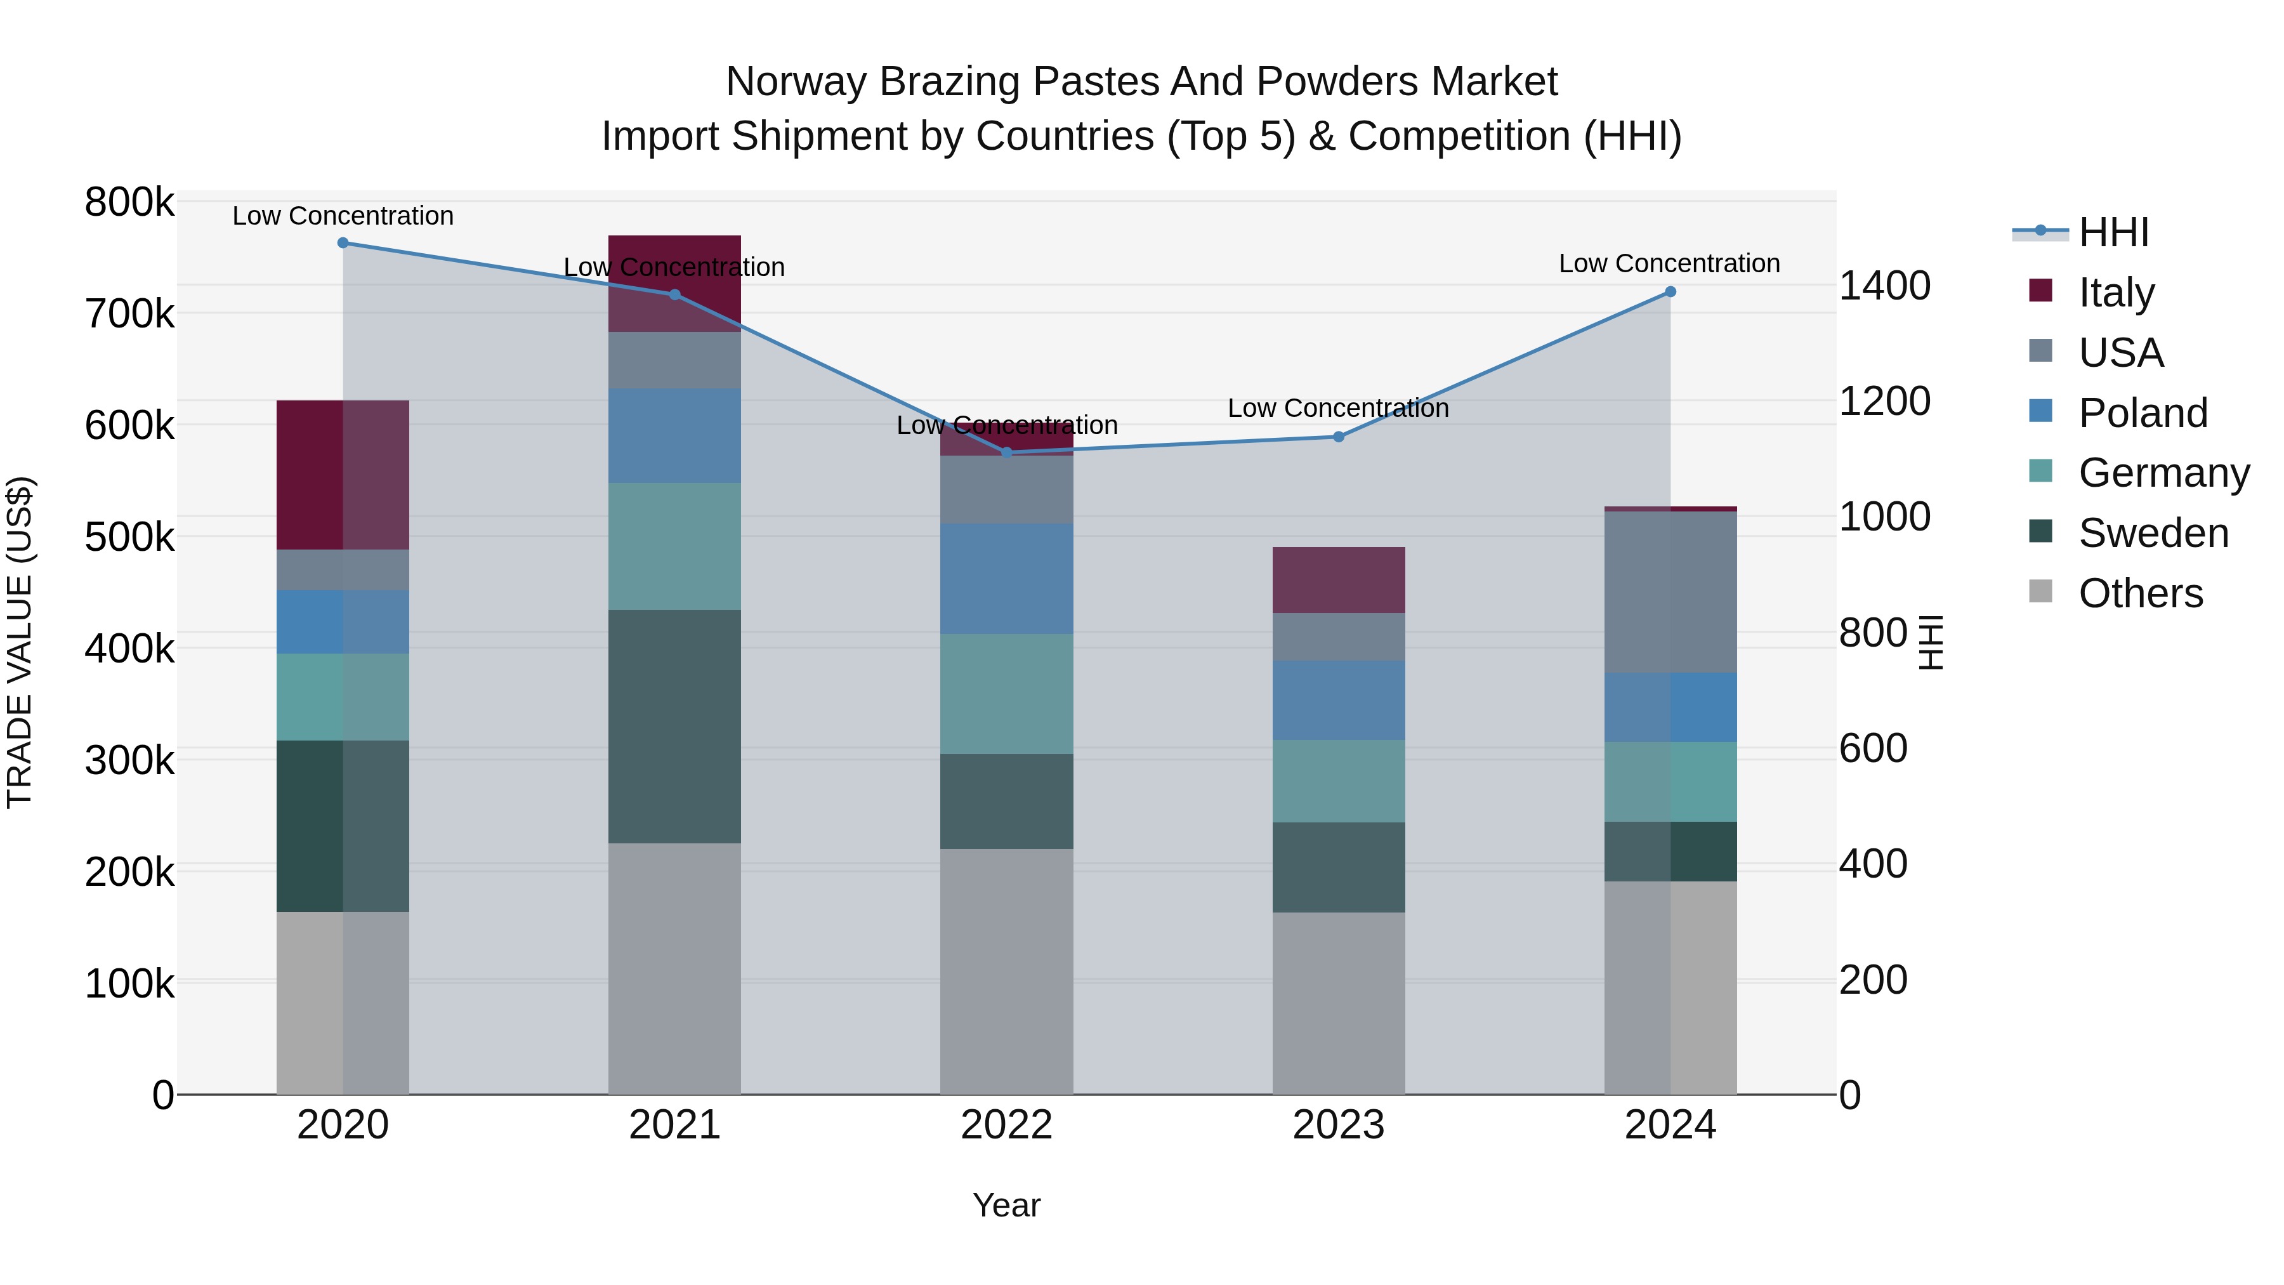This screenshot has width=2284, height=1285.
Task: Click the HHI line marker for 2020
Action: [x=343, y=243]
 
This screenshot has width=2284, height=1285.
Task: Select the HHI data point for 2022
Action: [x=1006, y=453]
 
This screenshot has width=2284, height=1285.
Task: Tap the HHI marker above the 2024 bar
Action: [x=1670, y=292]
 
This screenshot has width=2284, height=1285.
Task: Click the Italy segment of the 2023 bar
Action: [x=1339, y=580]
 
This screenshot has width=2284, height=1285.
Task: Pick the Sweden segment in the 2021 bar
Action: [x=675, y=727]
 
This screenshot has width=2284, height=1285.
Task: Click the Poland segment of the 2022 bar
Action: [x=1006, y=578]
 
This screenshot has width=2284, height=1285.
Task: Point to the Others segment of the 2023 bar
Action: [x=1339, y=1003]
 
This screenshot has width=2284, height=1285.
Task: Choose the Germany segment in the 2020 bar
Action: [x=343, y=697]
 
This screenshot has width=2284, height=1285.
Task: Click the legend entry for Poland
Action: [x=2142, y=413]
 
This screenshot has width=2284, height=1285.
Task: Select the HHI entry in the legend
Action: [x=2113, y=232]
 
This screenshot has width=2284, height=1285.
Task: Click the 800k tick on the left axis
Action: [x=129, y=202]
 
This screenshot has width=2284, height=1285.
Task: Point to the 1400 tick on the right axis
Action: [x=1885, y=286]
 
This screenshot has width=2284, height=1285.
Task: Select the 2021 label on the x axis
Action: [x=675, y=1125]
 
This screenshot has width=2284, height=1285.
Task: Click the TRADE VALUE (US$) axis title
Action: [x=20, y=642]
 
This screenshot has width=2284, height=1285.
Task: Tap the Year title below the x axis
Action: [x=1006, y=1205]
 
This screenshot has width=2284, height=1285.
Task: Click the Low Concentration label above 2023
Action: [x=1338, y=408]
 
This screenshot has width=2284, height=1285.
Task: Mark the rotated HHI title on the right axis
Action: [x=1930, y=642]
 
